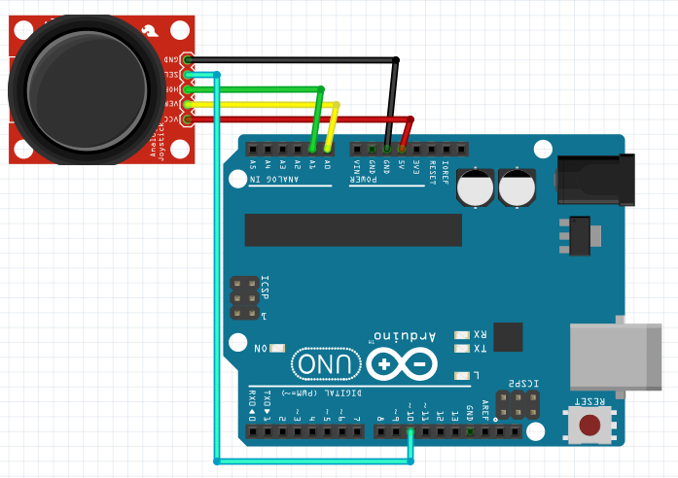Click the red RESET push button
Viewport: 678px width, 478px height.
[x=589, y=426]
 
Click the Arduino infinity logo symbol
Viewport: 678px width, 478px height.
[x=401, y=364]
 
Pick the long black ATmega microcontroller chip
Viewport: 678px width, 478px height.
[x=353, y=229]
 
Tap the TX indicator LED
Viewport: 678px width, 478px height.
[x=462, y=348]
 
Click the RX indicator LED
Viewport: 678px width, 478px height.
[x=462, y=332]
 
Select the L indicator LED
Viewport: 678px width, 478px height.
[x=462, y=376]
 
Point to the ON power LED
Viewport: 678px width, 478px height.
[x=278, y=348]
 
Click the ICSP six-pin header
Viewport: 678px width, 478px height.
[x=243, y=298]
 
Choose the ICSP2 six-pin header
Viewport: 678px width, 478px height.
[x=517, y=405]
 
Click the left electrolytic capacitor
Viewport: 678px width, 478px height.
[x=477, y=187]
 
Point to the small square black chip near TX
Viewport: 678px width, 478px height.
[x=508, y=336]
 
